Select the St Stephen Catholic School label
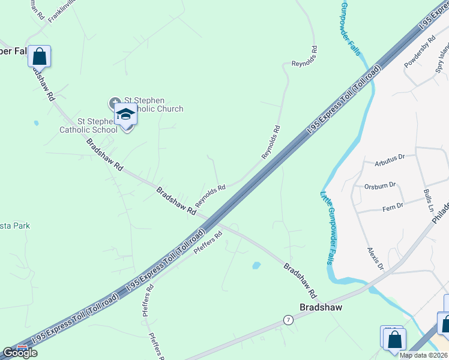click(88, 125)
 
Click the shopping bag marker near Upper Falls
click(39, 56)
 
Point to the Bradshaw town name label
click(321, 307)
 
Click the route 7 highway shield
click(289, 321)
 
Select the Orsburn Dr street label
click(381, 185)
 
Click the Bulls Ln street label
click(429, 200)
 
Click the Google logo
click(20, 352)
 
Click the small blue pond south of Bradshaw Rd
click(256, 265)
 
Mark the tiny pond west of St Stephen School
click(37, 123)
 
